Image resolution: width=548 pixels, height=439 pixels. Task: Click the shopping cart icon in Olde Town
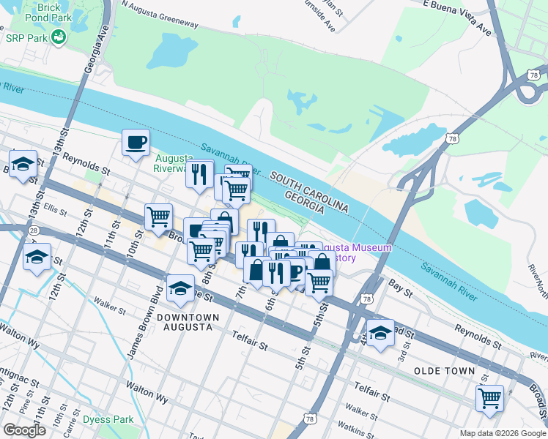pyautogui.click(x=489, y=399)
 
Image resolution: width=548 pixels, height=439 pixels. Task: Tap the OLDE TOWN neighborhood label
pyautogui.click(x=444, y=371)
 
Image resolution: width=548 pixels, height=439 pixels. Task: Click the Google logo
pyautogui.click(x=24, y=430)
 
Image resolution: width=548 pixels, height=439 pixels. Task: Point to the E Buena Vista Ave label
pyautogui.click(x=456, y=16)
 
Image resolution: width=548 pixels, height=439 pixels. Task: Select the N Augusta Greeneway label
pyautogui.click(x=160, y=15)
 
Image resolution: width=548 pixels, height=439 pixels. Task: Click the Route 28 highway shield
pyautogui.click(x=34, y=230)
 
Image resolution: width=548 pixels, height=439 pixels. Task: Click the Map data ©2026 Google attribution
pyautogui.click(x=502, y=432)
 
